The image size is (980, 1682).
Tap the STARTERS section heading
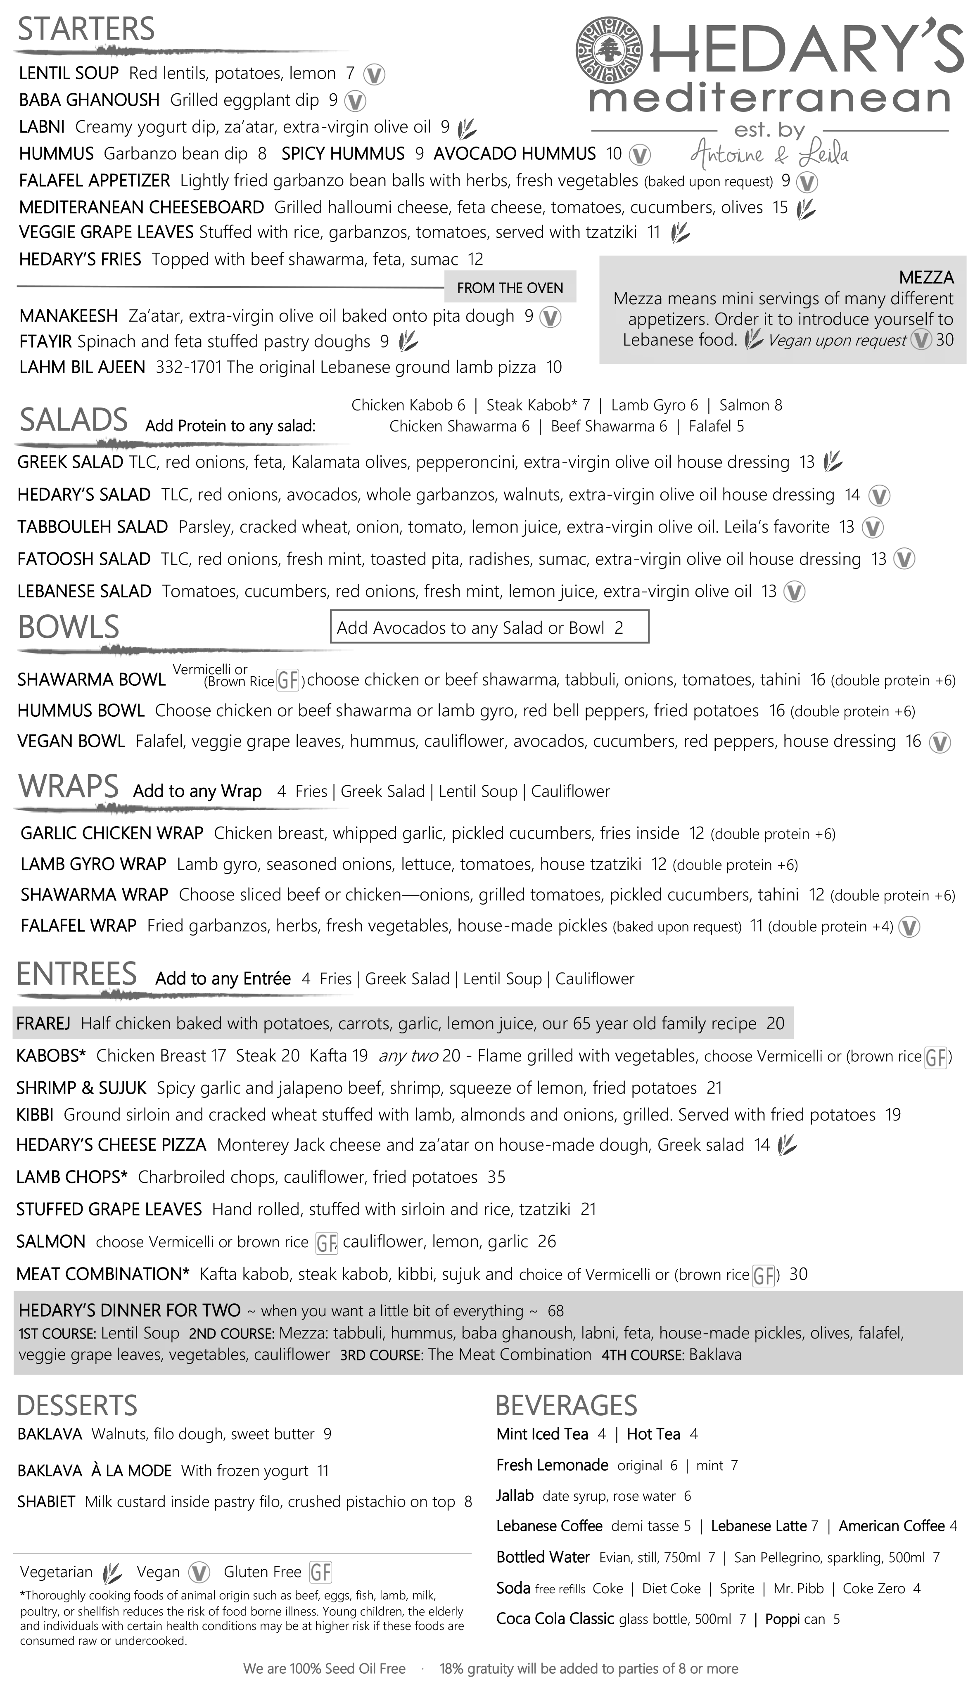(86, 29)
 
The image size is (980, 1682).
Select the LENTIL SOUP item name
(69, 73)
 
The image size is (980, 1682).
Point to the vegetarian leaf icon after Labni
(467, 128)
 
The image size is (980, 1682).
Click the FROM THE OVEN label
(510, 288)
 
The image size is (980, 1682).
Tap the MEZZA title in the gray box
(927, 278)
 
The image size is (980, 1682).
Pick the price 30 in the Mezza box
(944, 340)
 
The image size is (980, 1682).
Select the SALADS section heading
(74, 420)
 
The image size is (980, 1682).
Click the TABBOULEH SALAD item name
(93, 527)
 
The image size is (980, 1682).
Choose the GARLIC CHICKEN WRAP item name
(112, 834)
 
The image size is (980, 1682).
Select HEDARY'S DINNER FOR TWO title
(130, 1311)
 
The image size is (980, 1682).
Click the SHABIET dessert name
(47, 1502)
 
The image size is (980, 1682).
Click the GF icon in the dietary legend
(320, 1573)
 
